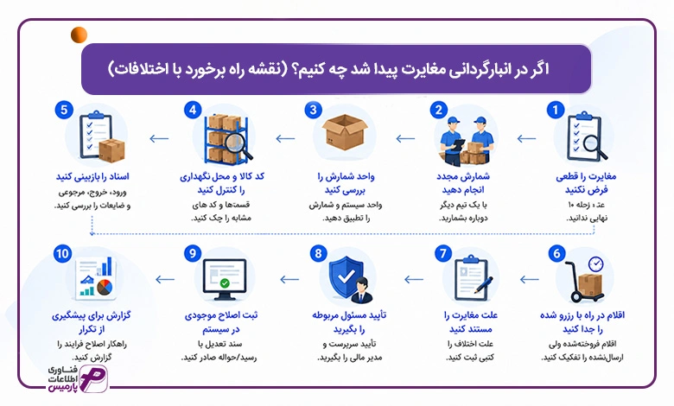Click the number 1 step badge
click(x=555, y=110)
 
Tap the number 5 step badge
click(x=64, y=110)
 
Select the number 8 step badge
click(x=318, y=253)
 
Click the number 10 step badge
click(x=62, y=253)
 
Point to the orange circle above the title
click(x=79, y=35)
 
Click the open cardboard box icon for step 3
click(x=345, y=132)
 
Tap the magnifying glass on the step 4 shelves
click(x=238, y=145)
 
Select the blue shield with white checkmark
click(x=346, y=277)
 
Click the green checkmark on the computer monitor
click(x=225, y=283)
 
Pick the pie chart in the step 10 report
click(x=105, y=287)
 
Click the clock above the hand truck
click(x=595, y=263)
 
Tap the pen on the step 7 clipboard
click(x=484, y=285)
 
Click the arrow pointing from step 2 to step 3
click(x=405, y=138)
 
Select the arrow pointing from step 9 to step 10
click(x=165, y=279)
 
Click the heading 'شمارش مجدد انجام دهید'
click(x=463, y=183)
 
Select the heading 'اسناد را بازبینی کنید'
click(x=92, y=176)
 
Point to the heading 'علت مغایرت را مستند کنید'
click(x=471, y=322)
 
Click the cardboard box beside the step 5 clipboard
click(x=111, y=150)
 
